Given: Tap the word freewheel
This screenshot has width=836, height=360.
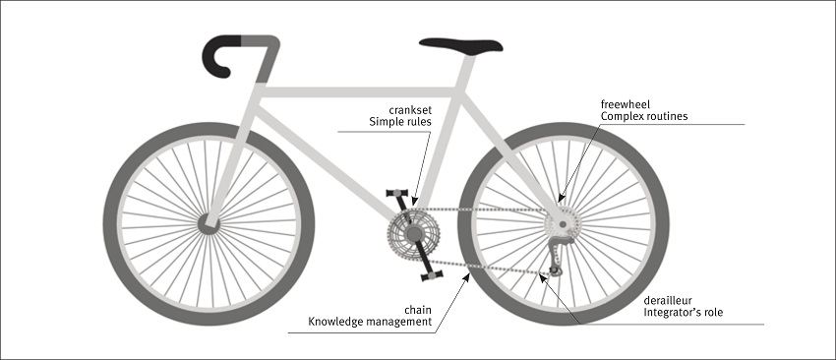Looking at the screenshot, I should coord(627,102).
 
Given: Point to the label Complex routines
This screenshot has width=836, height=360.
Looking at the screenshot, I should coord(644,116).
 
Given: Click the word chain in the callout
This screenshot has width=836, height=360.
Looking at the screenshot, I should coord(418,308).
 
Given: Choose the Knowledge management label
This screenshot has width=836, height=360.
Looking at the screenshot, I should coord(371,322).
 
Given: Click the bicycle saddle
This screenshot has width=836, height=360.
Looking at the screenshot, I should coord(459,45).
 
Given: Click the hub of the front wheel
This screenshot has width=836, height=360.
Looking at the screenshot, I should coord(208,223).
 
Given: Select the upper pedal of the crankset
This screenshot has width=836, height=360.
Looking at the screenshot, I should coord(397,193).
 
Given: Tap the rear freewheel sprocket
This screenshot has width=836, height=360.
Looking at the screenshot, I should coord(562,220).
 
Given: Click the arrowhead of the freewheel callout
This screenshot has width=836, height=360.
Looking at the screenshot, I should coord(564,199).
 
